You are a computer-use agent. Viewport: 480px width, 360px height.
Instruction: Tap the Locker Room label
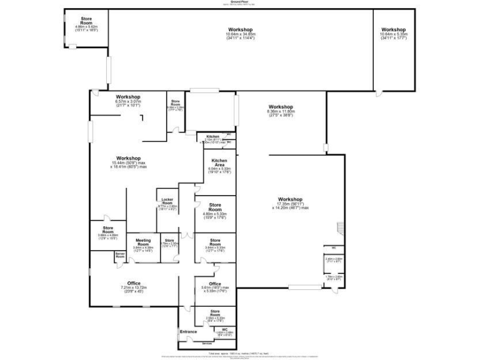point(167,202)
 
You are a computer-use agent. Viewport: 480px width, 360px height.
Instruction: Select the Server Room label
point(120,255)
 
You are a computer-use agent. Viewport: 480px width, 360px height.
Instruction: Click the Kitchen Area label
point(218,162)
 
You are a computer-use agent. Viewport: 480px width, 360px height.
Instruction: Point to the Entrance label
point(188,331)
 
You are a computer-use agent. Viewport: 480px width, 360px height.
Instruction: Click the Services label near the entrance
point(207,343)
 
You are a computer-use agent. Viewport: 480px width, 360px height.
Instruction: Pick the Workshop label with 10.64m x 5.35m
point(394,30)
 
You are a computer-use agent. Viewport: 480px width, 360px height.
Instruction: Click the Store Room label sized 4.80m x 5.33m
point(215,207)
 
